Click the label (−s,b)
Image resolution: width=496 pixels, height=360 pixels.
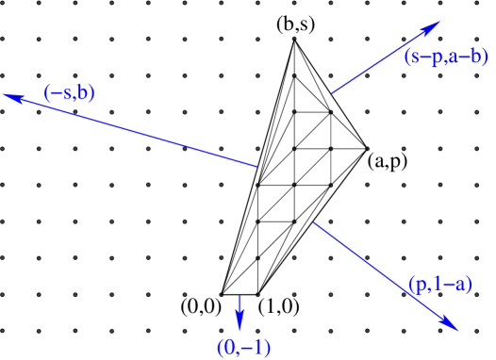[70, 93]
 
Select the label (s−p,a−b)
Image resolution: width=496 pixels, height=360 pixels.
[446, 57]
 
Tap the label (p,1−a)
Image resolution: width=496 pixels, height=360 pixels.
[440, 284]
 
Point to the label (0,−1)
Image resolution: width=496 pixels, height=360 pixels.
[243, 347]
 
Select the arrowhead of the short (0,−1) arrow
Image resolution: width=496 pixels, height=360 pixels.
[240, 326]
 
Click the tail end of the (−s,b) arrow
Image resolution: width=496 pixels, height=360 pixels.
[257, 167]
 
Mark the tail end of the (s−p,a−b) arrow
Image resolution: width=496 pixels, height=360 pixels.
[332, 93]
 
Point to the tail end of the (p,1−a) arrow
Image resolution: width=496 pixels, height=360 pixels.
[313, 222]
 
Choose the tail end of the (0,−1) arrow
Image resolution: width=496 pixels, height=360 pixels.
[240, 295]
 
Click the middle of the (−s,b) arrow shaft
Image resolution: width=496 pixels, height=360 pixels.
[131, 130]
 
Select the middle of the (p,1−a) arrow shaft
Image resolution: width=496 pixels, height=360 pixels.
[386, 276]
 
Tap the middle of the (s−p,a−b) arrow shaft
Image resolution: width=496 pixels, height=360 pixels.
[386, 57]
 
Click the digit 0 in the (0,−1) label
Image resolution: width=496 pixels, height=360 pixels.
[230, 347]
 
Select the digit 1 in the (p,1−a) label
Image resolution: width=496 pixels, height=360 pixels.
[437, 284]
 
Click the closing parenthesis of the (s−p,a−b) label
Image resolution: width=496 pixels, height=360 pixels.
[485, 57]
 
